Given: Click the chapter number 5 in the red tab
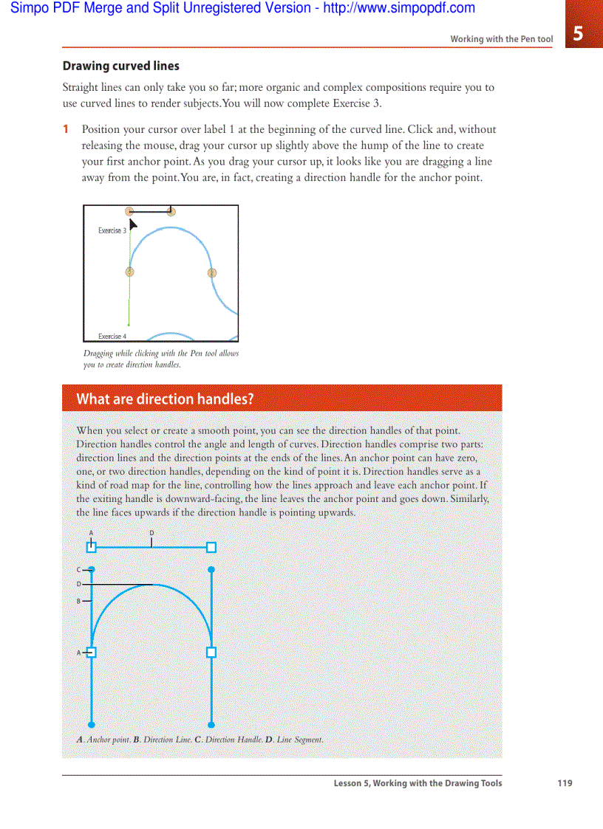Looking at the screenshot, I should point(578,34).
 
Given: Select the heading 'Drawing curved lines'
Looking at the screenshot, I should point(120,66).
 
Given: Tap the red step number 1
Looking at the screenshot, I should point(66,129).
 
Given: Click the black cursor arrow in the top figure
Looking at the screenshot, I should point(133,223).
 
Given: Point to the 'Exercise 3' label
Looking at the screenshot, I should point(112,231).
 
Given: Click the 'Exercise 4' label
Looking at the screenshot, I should point(112,337).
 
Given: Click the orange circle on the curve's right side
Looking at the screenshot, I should point(212,272).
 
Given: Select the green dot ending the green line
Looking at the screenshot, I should point(129,324).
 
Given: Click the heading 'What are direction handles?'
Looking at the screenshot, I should point(165,399).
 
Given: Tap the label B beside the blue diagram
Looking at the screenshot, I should point(78,601).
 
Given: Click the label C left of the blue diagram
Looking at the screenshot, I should point(78,570).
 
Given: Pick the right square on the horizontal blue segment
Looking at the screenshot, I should point(211,547).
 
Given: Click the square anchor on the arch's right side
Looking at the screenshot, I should point(211,653).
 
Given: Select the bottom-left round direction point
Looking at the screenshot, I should point(92,724).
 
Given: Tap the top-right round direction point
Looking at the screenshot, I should point(211,570).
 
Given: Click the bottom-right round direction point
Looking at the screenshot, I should point(211,724).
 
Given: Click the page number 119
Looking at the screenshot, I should point(565,783).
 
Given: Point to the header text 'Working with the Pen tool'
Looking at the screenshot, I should point(501,39).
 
